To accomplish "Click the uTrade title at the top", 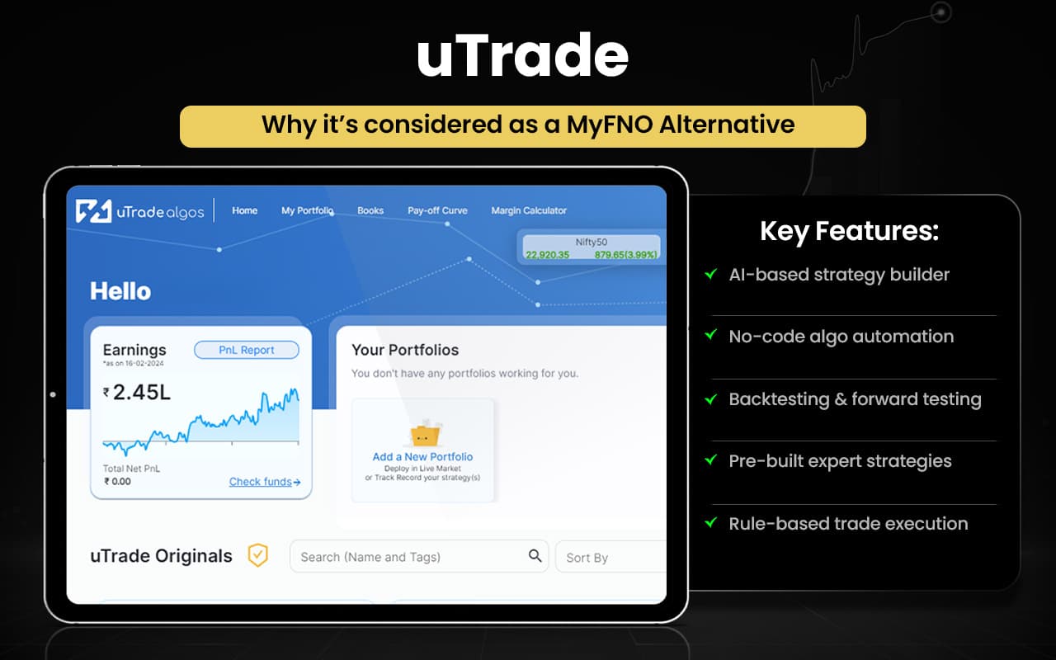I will [523, 56].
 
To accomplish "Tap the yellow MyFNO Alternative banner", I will [523, 125].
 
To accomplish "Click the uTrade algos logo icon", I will [93, 211].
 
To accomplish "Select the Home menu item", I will [244, 210].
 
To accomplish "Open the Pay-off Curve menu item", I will [437, 210].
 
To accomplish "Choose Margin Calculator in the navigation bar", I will [529, 210].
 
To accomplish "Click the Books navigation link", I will [370, 210].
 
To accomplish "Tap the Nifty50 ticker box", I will [591, 247].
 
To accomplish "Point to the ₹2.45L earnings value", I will [137, 393].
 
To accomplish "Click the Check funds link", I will [264, 482].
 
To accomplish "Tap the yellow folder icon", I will [423, 433].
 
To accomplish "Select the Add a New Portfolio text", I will [422, 456].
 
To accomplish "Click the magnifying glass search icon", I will [535, 555].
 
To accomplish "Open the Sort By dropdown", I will [610, 557].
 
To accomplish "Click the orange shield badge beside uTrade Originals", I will [258, 555].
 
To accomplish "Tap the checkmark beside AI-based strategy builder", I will [710, 274].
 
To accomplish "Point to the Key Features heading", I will [849, 232].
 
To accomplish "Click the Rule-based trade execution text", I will [848, 523].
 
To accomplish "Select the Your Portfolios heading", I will [405, 350].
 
